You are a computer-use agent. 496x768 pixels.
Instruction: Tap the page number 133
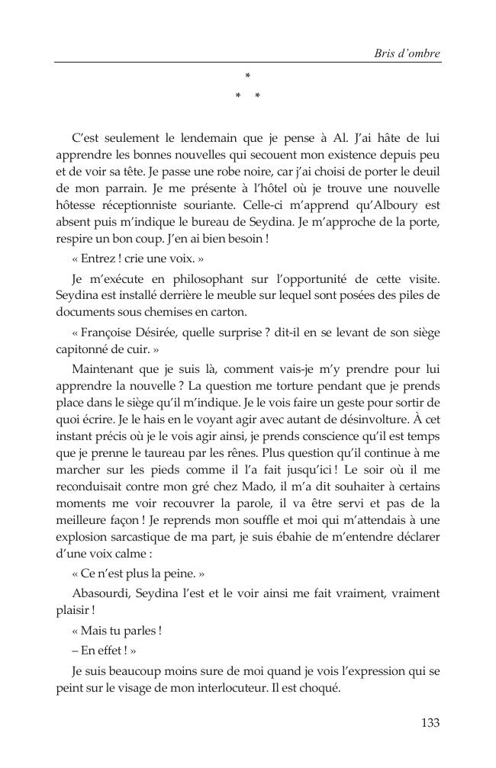click(x=430, y=723)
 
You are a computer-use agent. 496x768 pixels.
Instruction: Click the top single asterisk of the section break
click(x=247, y=76)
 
